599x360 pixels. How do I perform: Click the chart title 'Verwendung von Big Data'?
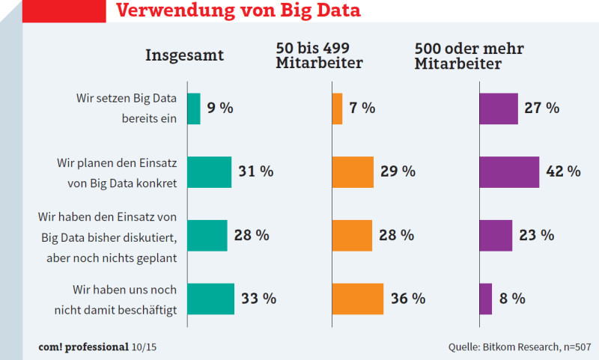(x=238, y=11)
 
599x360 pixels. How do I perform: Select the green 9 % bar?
(x=194, y=109)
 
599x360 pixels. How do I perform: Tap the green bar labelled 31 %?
(x=209, y=172)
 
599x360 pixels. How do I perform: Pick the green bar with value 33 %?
(x=210, y=299)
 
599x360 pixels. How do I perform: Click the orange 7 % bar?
(x=337, y=109)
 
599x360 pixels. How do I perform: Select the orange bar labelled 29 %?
(x=353, y=172)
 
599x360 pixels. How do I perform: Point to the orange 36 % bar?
(x=357, y=299)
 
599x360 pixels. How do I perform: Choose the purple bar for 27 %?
(x=499, y=109)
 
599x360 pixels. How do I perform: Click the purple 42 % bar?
(x=509, y=172)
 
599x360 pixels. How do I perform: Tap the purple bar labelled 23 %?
(x=496, y=236)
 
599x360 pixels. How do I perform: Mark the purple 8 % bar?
(x=486, y=299)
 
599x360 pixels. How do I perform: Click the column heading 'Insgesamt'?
(x=184, y=55)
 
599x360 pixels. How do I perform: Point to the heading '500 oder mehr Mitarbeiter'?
(x=469, y=56)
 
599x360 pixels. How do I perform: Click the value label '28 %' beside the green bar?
(x=251, y=236)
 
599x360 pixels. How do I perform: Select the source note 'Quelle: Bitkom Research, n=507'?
(x=520, y=347)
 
